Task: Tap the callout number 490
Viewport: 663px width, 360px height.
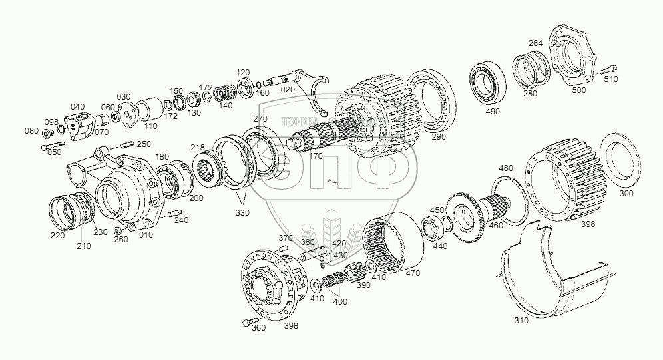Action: [493, 112]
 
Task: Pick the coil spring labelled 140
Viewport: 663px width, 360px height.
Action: [222, 93]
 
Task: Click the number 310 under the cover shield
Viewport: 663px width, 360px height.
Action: [521, 320]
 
